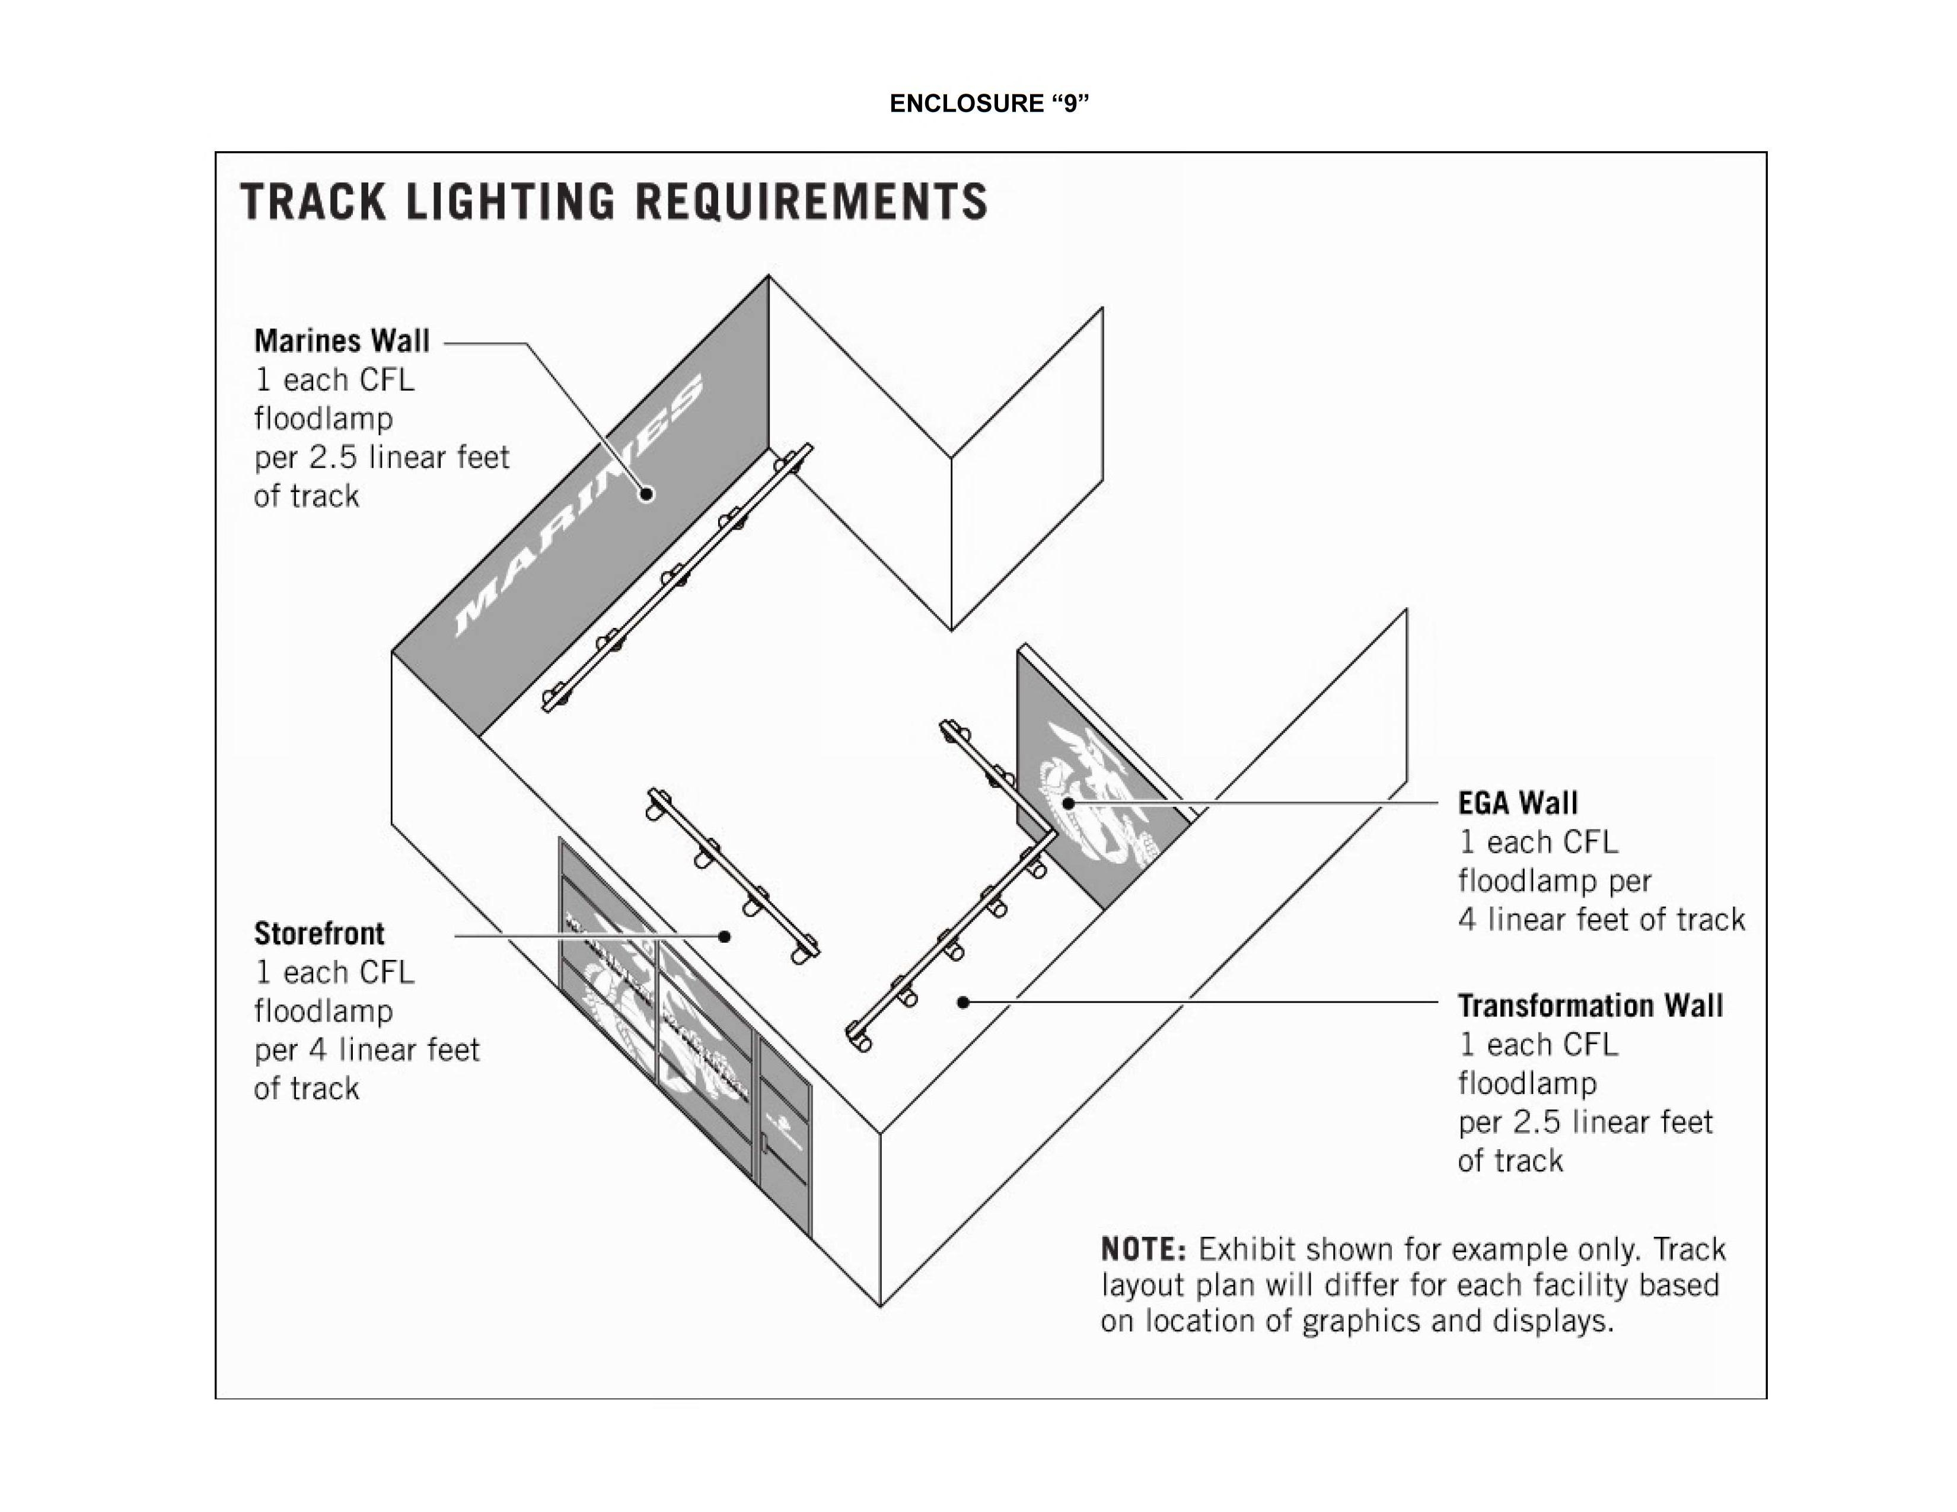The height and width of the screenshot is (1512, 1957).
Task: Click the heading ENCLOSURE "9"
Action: click(989, 104)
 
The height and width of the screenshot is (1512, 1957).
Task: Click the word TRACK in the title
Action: click(313, 202)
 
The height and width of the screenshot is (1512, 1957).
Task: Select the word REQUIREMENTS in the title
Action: click(811, 202)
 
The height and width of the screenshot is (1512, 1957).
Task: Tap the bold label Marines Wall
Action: click(342, 342)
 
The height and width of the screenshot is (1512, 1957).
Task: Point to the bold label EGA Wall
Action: click(1517, 803)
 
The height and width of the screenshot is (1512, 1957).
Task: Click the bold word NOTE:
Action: click(1143, 1249)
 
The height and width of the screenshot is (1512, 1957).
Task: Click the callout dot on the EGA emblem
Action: click(1068, 803)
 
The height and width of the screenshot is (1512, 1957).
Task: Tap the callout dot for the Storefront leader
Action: click(724, 937)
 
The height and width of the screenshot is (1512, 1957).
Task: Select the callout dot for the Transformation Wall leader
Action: click(963, 1002)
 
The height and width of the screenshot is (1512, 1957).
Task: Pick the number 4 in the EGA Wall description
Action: click(1467, 920)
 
